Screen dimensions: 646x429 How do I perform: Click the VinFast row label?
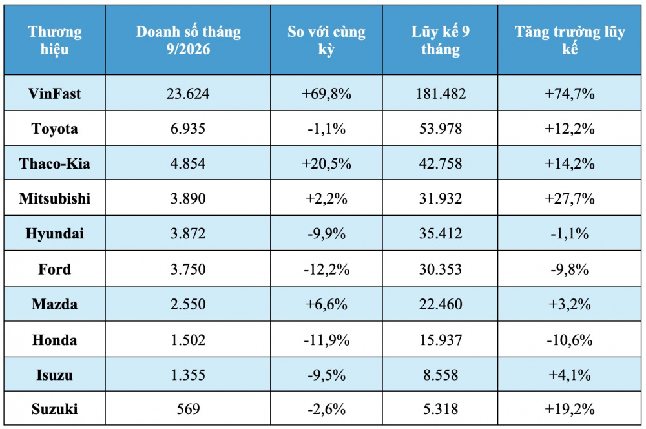pos(55,94)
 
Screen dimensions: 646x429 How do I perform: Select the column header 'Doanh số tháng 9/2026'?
pos(188,41)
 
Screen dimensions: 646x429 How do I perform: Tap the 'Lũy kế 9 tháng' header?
pos(441,41)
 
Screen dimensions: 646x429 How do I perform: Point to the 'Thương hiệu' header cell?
pos(55,41)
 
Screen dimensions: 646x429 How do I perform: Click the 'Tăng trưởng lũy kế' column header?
pos(570,41)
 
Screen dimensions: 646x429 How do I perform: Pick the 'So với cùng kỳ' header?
pos(326,41)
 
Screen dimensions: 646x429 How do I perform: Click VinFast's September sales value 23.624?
pos(188,94)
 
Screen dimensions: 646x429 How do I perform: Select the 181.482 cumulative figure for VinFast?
pos(441,94)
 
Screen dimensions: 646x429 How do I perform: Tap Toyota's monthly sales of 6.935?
pos(188,129)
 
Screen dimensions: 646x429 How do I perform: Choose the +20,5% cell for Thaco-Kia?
pos(326,164)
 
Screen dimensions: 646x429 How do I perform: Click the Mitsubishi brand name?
pos(55,198)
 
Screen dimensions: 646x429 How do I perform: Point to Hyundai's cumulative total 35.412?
pos(441,234)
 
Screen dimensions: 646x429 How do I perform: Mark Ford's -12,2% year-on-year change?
pos(326,269)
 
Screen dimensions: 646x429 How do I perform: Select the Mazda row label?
pos(55,304)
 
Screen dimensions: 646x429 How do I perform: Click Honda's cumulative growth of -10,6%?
pos(570,340)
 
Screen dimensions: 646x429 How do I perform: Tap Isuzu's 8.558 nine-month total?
pos(441,375)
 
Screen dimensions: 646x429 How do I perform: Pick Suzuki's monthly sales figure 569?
pos(188,409)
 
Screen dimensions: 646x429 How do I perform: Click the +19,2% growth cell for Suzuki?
pos(570,409)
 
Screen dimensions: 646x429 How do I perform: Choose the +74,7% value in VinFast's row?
pos(570,94)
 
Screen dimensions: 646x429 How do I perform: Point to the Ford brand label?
pos(55,269)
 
